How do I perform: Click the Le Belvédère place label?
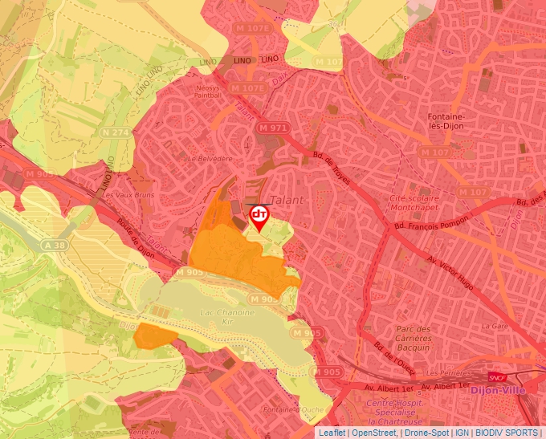pos(210,159)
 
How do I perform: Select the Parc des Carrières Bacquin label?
pos(414,334)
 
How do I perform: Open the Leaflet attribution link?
pos(332,433)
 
